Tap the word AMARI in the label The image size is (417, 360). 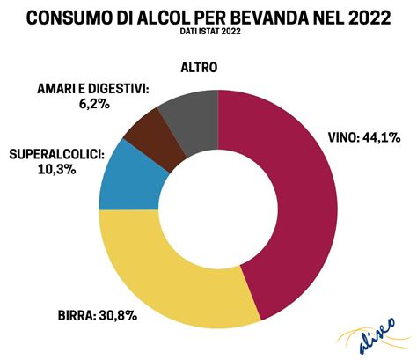59,88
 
